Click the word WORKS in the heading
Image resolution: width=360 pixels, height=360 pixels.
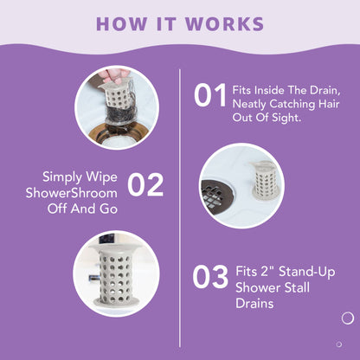(x=224, y=23)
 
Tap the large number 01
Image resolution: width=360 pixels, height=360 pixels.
(x=210, y=95)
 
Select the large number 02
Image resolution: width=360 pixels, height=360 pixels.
(x=145, y=184)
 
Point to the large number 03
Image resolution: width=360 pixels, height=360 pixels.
(x=210, y=277)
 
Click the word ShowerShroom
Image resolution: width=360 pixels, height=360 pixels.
(x=72, y=193)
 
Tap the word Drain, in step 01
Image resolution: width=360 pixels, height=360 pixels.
(x=325, y=91)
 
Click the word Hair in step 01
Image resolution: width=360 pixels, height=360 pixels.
(x=329, y=104)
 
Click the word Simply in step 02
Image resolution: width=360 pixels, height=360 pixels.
(x=60, y=177)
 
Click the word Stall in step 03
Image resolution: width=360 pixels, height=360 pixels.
(x=297, y=287)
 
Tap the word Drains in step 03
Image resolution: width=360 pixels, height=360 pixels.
(x=254, y=304)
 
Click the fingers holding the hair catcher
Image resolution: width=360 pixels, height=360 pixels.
(x=113, y=75)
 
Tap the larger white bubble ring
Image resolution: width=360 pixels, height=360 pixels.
(x=348, y=318)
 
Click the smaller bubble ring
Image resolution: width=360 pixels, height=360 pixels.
(x=339, y=344)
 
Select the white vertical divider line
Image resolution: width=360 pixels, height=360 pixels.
(x=180, y=208)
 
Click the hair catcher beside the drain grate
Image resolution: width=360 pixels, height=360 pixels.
(x=266, y=179)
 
